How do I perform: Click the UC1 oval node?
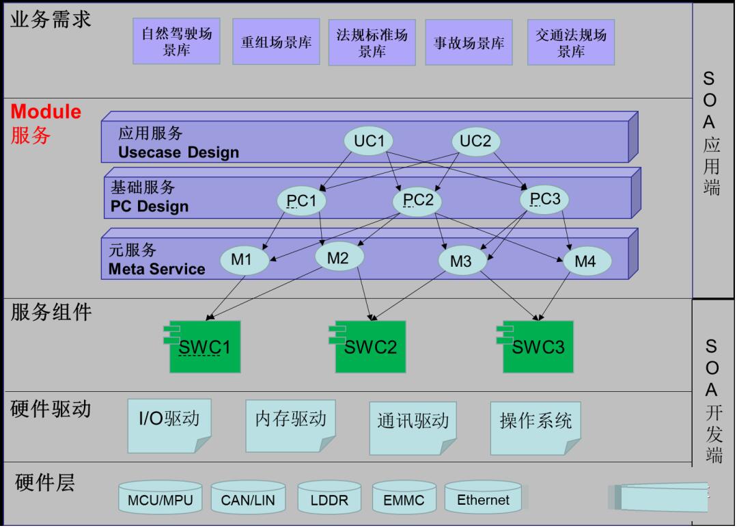pyautogui.click(x=369, y=142)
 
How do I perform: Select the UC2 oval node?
pyautogui.click(x=475, y=142)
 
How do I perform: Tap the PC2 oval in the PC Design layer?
pyautogui.click(x=417, y=200)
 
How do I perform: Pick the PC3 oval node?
pyautogui.click(x=544, y=200)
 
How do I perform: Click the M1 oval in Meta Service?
pyautogui.click(x=241, y=260)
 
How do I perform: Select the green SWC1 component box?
pyautogui.click(x=205, y=347)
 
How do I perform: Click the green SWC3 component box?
pyautogui.click(x=538, y=347)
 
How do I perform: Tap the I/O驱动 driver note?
pyautogui.click(x=169, y=425)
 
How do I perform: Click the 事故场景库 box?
pyautogui.click(x=469, y=42)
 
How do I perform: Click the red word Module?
pyautogui.click(x=46, y=111)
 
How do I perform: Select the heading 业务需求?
pyautogui.click(x=51, y=19)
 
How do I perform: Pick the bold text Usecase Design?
pyautogui.click(x=178, y=152)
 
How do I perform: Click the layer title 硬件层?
pyautogui.click(x=45, y=483)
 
